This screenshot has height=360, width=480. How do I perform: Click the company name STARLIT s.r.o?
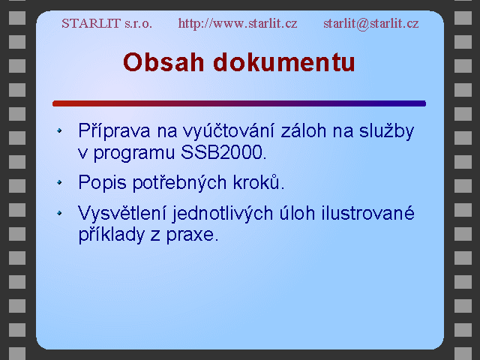pos(106,23)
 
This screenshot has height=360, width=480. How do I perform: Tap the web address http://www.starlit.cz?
pos(238,23)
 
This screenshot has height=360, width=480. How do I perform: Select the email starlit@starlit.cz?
pos(371,23)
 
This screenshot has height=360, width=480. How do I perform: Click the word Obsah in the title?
pos(163,62)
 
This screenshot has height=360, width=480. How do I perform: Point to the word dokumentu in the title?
pos(284,62)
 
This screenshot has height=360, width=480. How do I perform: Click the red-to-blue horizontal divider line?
pos(239,103)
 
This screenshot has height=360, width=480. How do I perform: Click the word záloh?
pos(303,130)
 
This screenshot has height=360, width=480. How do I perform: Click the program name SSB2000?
pos(222,152)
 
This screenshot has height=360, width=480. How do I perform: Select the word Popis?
pos(102,183)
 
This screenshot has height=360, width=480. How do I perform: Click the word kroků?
pos(256,182)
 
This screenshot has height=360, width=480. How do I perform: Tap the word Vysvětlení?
pos(122,213)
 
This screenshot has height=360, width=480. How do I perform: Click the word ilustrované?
pos(367,213)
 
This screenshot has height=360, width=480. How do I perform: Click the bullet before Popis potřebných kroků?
pos(59,183)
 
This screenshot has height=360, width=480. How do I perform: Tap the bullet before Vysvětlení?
pos(59,213)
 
